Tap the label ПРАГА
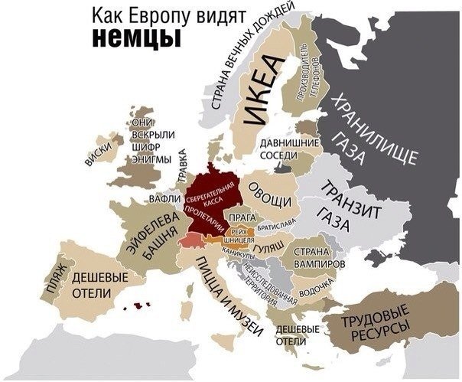click(242, 217)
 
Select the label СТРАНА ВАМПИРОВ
click(311, 256)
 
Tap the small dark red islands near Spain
click(139, 305)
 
